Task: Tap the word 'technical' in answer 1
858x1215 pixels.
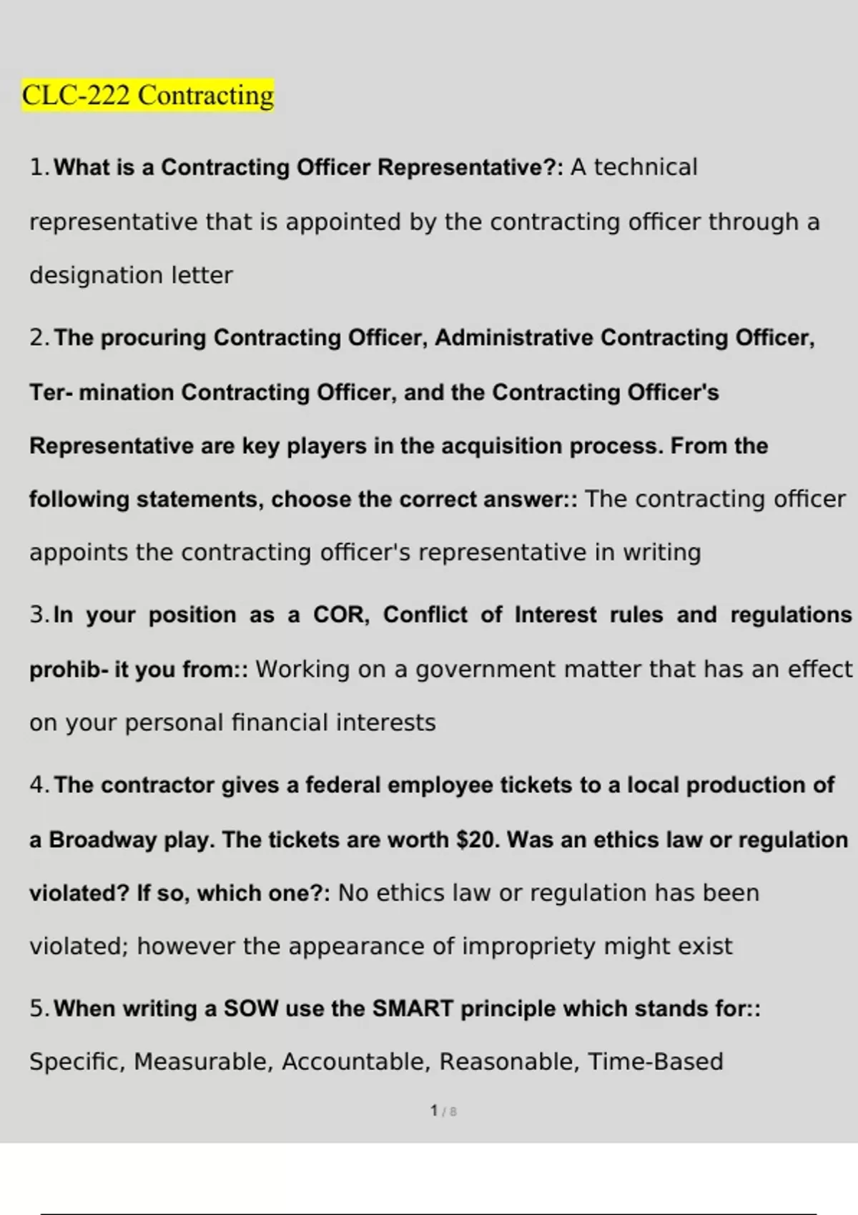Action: click(646, 167)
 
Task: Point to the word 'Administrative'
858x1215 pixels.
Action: click(513, 337)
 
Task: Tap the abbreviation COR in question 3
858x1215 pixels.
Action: click(339, 615)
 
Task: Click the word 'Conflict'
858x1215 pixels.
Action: click(425, 615)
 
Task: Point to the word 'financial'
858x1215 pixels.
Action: click(280, 723)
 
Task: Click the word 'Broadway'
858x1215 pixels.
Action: click(102, 839)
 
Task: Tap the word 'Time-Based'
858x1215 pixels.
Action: click(655, 1062)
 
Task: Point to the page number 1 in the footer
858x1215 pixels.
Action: click(434, 1111)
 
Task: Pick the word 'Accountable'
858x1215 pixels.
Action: click(356, 1062)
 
